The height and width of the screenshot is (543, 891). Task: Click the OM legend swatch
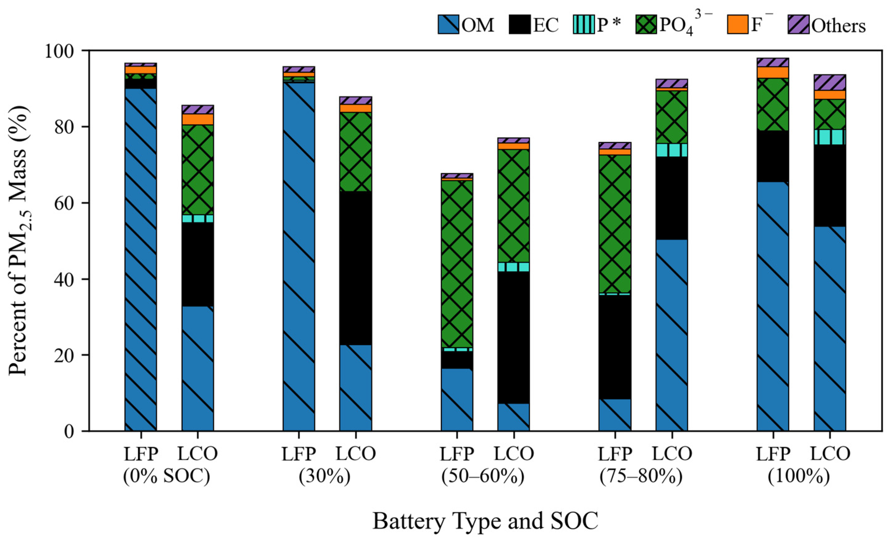(448, 25)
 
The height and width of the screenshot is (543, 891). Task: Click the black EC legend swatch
(520, 25)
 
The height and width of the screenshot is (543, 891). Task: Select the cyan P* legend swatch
(583, 25)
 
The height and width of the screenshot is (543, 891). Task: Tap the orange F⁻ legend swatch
(738, 25)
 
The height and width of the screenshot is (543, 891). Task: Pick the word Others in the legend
(839, 26)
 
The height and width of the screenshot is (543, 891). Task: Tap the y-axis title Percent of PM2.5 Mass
(18, 240)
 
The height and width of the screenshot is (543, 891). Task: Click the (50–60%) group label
(483, 477)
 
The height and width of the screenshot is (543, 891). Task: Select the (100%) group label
(799, 477)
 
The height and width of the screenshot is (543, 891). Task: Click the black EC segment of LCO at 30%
(355, 268)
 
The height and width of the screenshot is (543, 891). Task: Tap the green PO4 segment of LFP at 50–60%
(457, 264)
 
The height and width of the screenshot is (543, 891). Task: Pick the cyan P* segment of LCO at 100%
(830, 137)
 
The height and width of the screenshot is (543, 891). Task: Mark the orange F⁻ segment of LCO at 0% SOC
(198, 119)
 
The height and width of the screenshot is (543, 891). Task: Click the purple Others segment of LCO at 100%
(830, 83)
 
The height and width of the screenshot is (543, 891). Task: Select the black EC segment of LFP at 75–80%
(615, 347)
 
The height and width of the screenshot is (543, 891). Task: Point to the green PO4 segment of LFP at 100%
(773, 105)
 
